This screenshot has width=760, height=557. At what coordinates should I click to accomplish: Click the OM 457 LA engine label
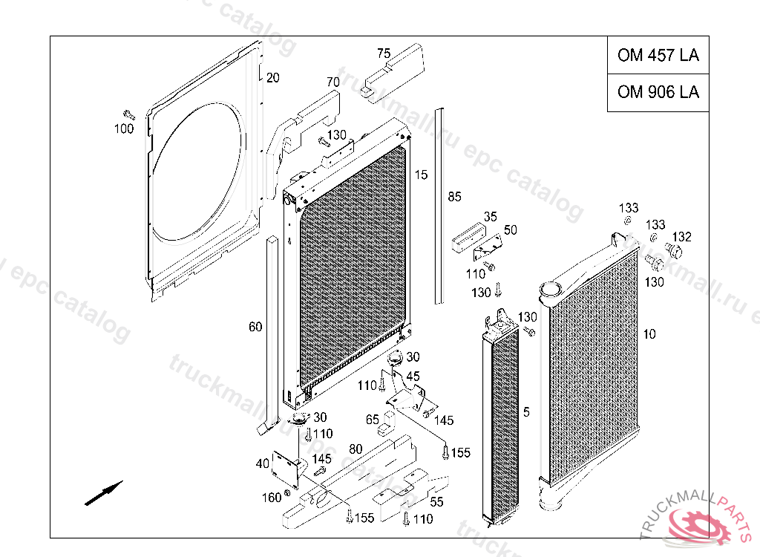(x=658, y=56)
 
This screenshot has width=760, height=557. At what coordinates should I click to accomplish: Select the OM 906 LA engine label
(x=658, y=92)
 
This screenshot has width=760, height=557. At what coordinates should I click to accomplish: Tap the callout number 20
(x=272, y=77)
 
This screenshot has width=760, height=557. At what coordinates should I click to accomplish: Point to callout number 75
(x=383, y=53)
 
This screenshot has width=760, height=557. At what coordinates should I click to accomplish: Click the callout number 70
(x=332, y=82)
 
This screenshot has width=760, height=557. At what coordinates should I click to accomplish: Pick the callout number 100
(x=124, y=129)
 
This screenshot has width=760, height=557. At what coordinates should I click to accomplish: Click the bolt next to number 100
(x=129, y=114)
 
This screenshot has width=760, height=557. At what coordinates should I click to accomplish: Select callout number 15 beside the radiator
(x=421, y=175)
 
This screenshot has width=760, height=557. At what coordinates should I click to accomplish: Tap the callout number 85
(x=454, y=197)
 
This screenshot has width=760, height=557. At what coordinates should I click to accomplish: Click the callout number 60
(x=255, y=327)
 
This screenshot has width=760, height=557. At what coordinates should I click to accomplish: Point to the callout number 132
(x=681, y=237)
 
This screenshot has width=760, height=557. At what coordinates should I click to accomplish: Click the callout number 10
(x=649, y=334)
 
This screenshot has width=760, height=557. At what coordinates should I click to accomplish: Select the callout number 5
(x=525, y=411)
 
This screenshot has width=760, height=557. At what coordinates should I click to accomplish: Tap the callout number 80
(x=356, y=449)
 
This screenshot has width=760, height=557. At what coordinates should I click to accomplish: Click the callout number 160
(x=272, y=497)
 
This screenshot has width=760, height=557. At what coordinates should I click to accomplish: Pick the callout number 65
(x=372, y=420)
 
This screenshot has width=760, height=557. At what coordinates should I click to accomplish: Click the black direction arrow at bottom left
(x=103, y=493)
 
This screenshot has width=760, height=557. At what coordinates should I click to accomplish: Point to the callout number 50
(x=510, y=230)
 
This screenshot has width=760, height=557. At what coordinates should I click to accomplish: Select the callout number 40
(x=262, y=464)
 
